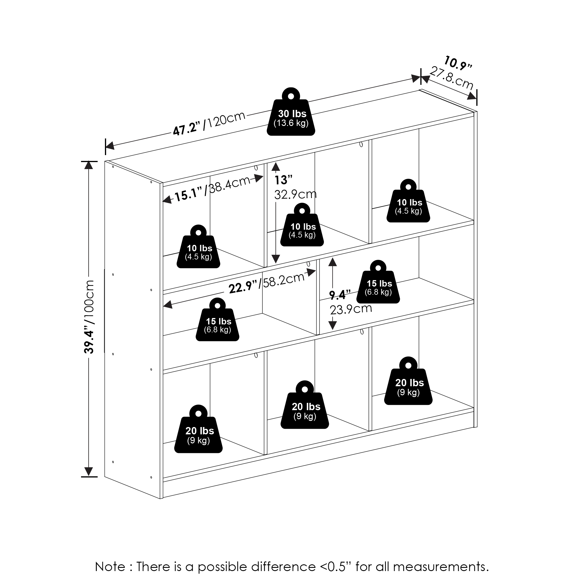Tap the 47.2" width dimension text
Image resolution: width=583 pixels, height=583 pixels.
point(187,128)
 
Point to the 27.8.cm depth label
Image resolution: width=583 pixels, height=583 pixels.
point(452,78)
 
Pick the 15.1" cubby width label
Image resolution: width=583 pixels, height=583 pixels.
point(188,194)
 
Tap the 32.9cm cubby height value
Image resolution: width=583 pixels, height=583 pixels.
point(295,194)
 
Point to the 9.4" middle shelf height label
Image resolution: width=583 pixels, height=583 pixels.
point(340,294)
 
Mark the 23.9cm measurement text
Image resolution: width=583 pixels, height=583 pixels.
point(351,309)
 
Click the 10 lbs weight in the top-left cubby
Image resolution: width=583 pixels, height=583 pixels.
point(198,246)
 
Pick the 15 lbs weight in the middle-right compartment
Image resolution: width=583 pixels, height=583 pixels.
point(378,282)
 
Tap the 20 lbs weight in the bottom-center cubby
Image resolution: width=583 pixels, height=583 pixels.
point(305,405)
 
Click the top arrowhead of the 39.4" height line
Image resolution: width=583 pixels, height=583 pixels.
point(88,165)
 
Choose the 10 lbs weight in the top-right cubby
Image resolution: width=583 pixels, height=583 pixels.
point(408,201)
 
